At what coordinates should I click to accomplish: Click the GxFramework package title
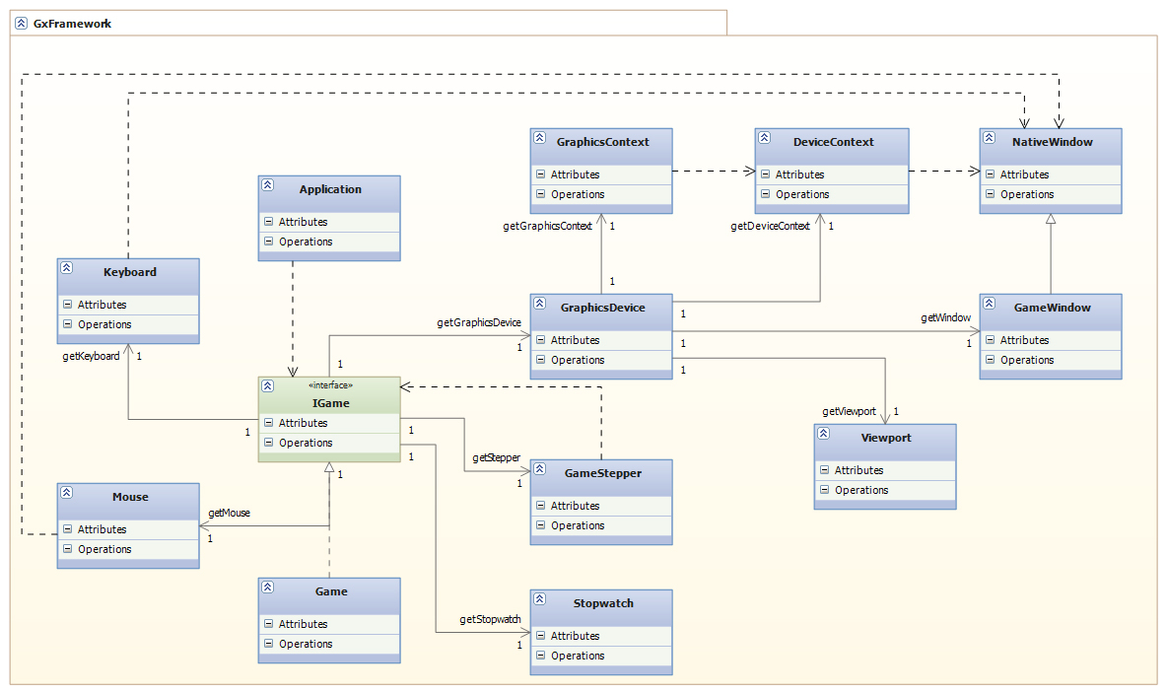point(72,23)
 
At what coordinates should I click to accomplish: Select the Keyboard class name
point(130,271)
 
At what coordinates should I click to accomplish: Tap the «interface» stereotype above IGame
point(330,385)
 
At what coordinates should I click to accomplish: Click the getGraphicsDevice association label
point(478,322)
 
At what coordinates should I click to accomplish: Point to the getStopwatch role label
point(490,619)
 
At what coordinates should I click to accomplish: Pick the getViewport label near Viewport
point(849,411)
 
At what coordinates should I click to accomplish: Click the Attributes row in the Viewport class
point(858,470)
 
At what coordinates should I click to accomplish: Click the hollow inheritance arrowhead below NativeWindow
point(1051,220)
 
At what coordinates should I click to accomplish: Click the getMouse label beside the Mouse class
point(230,513)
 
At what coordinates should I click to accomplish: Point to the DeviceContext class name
point(833,142)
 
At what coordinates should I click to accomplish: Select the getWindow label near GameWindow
point(946,317)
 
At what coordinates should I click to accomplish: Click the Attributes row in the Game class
point(303,624)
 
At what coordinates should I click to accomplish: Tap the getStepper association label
point(496,457)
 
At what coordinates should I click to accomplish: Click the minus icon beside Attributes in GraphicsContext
point(540,174)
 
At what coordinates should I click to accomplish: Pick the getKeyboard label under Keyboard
point(91,356)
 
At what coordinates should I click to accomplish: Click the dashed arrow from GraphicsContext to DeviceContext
point(714,171)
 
